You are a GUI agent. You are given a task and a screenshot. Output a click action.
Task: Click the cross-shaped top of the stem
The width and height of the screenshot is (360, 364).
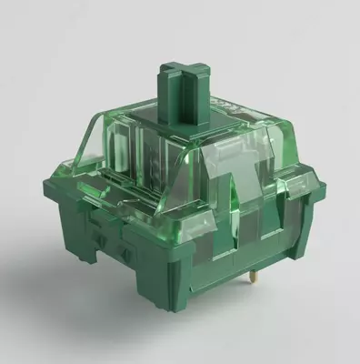coord(179,72)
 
